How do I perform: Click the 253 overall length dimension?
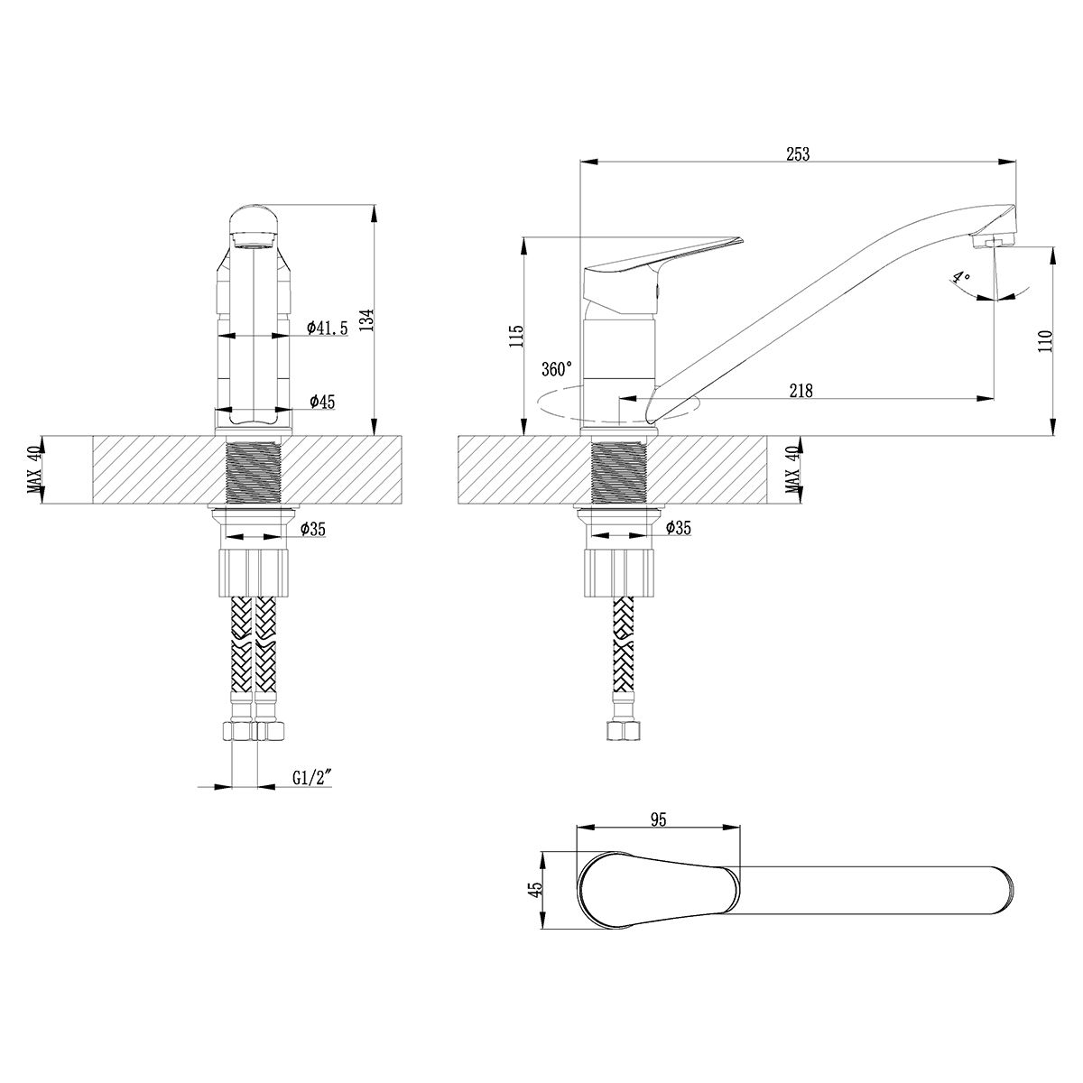798,154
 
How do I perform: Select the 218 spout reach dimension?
801,390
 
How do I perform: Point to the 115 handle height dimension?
517,336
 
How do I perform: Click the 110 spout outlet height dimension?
1045,340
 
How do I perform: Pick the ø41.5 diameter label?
328,327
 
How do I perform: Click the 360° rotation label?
557,369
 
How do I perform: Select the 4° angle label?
961,278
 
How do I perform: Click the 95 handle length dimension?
659,836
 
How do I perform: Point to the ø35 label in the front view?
313,529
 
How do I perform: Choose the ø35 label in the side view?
679,528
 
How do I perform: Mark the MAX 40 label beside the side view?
794,470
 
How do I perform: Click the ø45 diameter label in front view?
322,402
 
